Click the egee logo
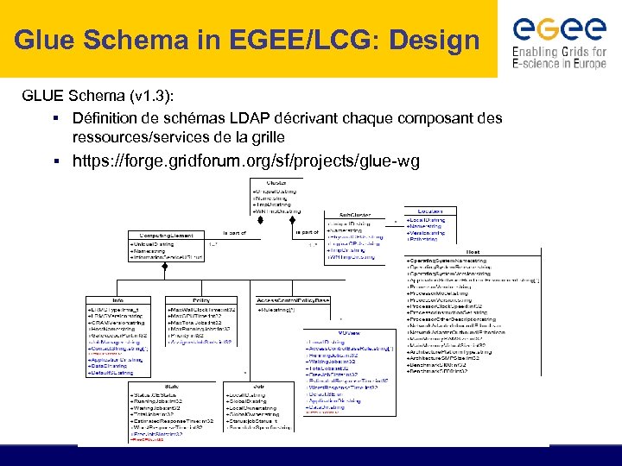point(559,29)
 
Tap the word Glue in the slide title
point(42,39)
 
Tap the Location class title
point(429,211)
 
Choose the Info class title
point(118,299)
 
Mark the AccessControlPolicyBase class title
point(294,299)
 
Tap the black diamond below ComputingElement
point(164,268)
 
